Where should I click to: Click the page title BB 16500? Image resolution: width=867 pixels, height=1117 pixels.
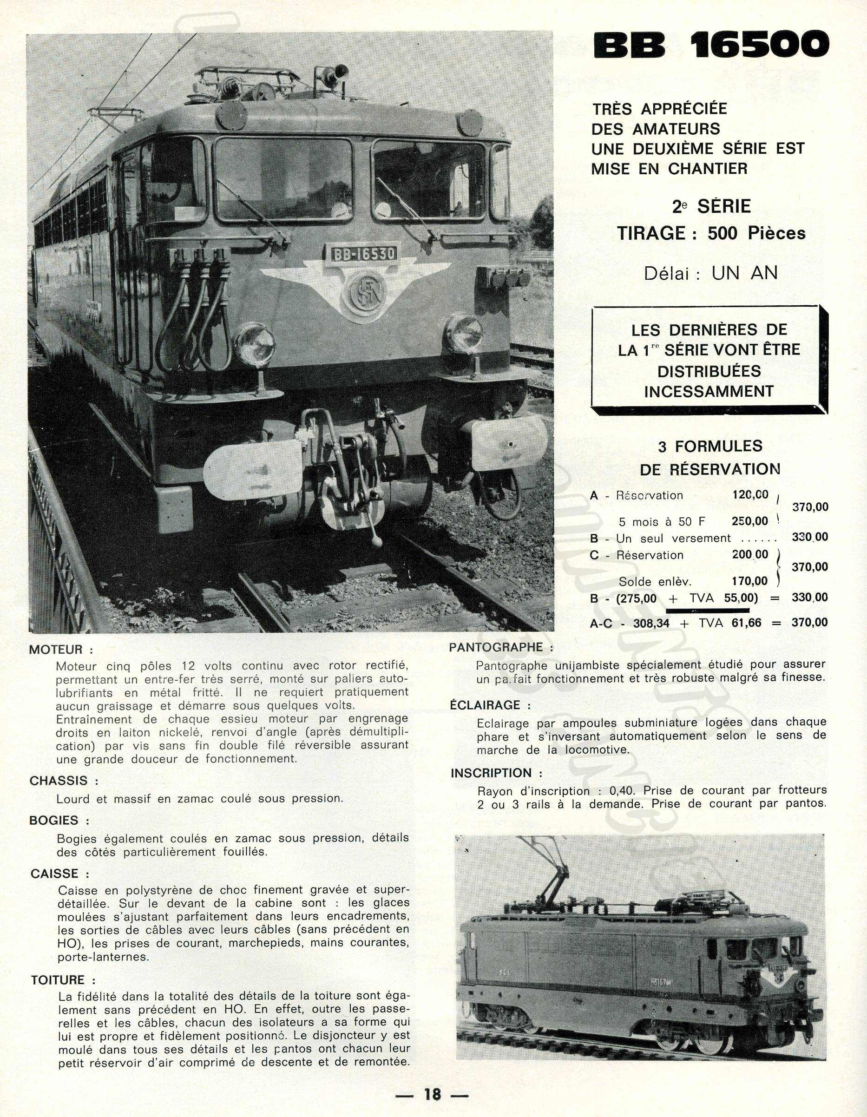coord(710,46)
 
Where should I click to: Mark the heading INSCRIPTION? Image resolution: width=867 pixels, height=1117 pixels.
coord(491,773)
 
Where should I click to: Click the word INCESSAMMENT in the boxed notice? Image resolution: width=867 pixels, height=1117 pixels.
coord(709,392)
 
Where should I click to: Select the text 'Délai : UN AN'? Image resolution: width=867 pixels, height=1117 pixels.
coord(710,274)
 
